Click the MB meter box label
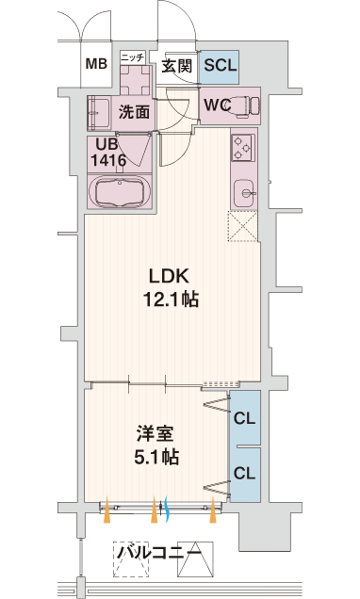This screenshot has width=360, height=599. pos(96,64)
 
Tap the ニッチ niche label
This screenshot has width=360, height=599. pos(133,57)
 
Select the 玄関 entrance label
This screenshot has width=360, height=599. pos(176,67)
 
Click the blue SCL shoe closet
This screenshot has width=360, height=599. pos(220,67)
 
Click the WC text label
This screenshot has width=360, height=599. pos(217,105)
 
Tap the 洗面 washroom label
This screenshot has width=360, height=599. pos(134,112)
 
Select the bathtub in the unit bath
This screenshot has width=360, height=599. pos(120,192)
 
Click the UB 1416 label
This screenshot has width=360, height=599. pos(107,153)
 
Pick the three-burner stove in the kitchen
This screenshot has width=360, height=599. pos(243,147)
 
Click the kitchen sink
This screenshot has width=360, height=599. pos(244,193)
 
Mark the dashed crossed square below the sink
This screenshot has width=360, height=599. pos(243,226)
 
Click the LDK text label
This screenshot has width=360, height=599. pos(169,276)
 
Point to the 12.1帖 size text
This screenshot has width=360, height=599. pos(171,299)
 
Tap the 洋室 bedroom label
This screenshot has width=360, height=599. pos(155,433)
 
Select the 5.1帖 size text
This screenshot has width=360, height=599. pos(155,457)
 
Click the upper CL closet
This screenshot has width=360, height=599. pos(245,418)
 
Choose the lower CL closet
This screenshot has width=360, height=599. pos(245,474)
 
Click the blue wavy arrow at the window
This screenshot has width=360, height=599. pos(166,509)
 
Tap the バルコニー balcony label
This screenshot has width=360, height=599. pos(158,552)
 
